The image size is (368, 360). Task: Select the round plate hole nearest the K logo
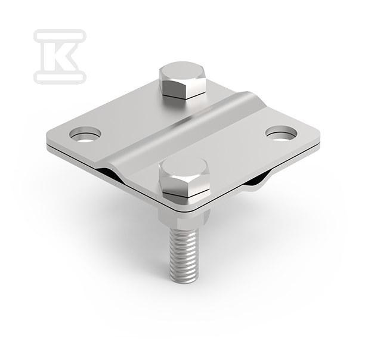click(85, 134)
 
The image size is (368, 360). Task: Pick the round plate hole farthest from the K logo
click(281, 134)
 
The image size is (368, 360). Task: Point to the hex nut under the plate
click(184, 218)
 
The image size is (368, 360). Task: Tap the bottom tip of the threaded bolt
click(184, 282)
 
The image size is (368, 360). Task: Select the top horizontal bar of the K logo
click(60, 36)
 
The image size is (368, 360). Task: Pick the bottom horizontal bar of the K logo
click(60, 77)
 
